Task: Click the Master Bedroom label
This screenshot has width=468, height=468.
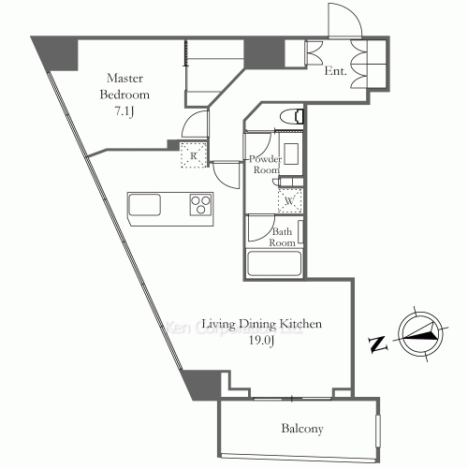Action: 124,86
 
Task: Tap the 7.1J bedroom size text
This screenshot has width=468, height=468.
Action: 124,111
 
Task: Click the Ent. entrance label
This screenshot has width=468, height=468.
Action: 335,71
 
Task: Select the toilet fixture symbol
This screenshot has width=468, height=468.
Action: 292,117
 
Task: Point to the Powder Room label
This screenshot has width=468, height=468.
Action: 266,165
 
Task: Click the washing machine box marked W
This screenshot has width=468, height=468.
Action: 290,200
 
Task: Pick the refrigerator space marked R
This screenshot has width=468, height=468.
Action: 194,155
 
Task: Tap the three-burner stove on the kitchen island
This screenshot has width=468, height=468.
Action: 201,204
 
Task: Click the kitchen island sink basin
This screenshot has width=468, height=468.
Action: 145,205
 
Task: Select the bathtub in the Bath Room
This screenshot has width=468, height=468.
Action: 274,263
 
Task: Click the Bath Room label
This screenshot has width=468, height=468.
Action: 282,237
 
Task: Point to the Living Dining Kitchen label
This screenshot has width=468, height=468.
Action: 262,324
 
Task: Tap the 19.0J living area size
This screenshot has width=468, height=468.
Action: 261,341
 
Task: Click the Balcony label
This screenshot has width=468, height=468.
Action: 302,429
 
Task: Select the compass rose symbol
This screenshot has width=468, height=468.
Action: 421,334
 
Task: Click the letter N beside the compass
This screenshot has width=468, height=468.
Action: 378,344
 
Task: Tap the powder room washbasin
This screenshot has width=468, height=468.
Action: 291,154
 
